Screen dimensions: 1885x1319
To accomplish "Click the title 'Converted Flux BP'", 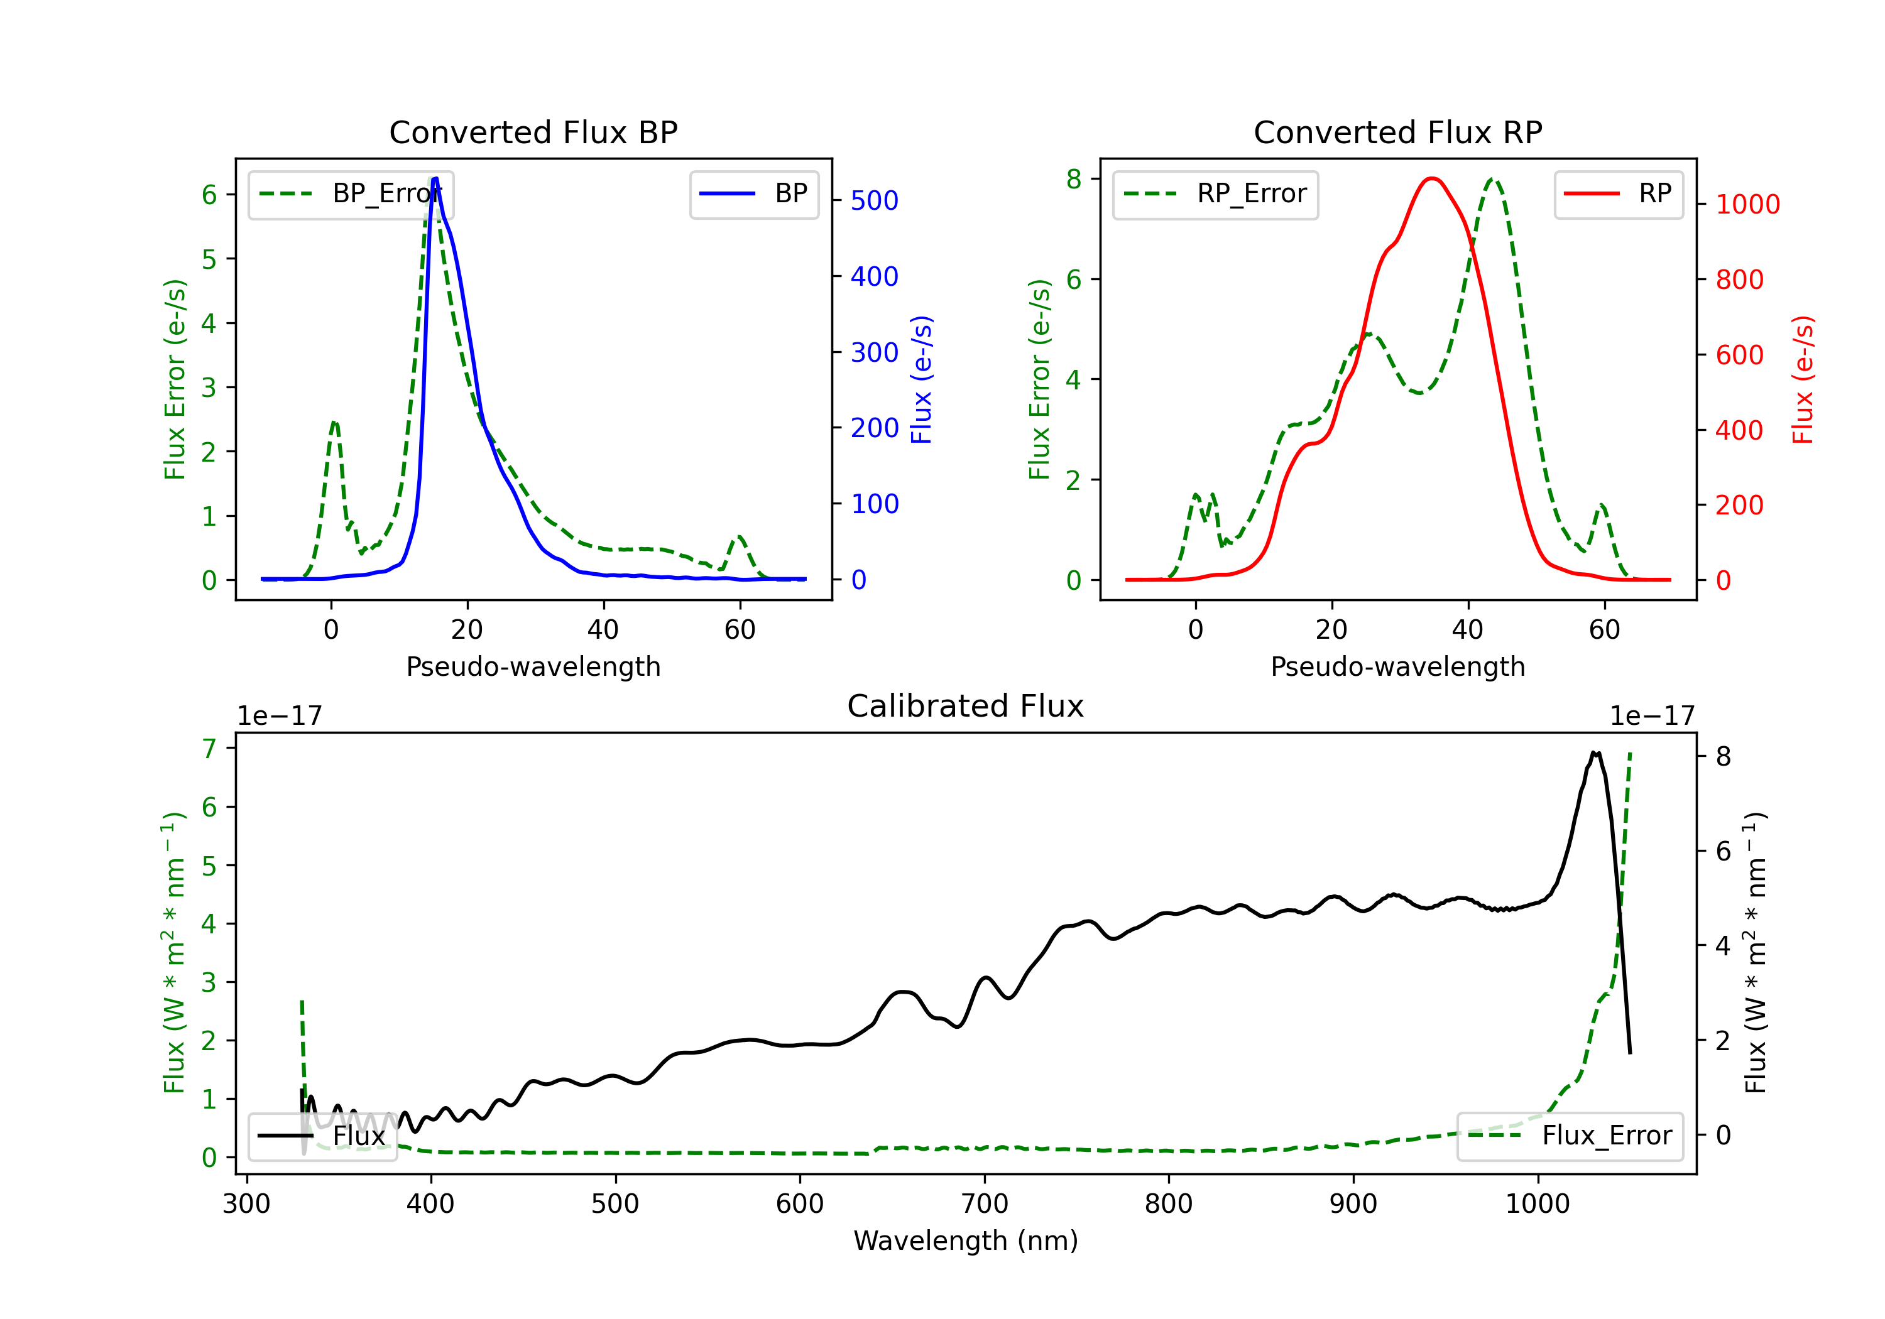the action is (x=533, y=132).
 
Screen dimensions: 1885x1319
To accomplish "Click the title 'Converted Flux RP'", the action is (x=1397, y=132).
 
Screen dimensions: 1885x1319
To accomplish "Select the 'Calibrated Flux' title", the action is (x=966, y=706).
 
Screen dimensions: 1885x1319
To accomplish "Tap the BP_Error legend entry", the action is (x=351, y=195).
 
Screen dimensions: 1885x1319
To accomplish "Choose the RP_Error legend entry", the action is (x=1215, y=195).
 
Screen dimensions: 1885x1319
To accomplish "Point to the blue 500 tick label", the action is (x=875, y=200).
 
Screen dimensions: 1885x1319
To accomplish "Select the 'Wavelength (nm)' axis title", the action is (x=966, y=1241).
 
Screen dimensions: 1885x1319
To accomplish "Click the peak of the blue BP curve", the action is (x=435, y=178).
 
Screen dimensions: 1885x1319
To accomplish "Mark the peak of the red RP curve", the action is (x=1433, y=178).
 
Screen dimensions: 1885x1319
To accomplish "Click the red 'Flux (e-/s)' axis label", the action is (x=1803, y=379).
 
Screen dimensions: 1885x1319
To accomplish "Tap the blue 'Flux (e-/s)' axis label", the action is (x=922, y=379).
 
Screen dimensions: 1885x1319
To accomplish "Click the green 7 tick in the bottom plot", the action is (x=209, y=749).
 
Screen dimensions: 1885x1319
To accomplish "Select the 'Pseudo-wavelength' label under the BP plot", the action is (x=533, y=666).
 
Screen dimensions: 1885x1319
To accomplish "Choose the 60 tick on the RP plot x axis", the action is (x=1604, y=629).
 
